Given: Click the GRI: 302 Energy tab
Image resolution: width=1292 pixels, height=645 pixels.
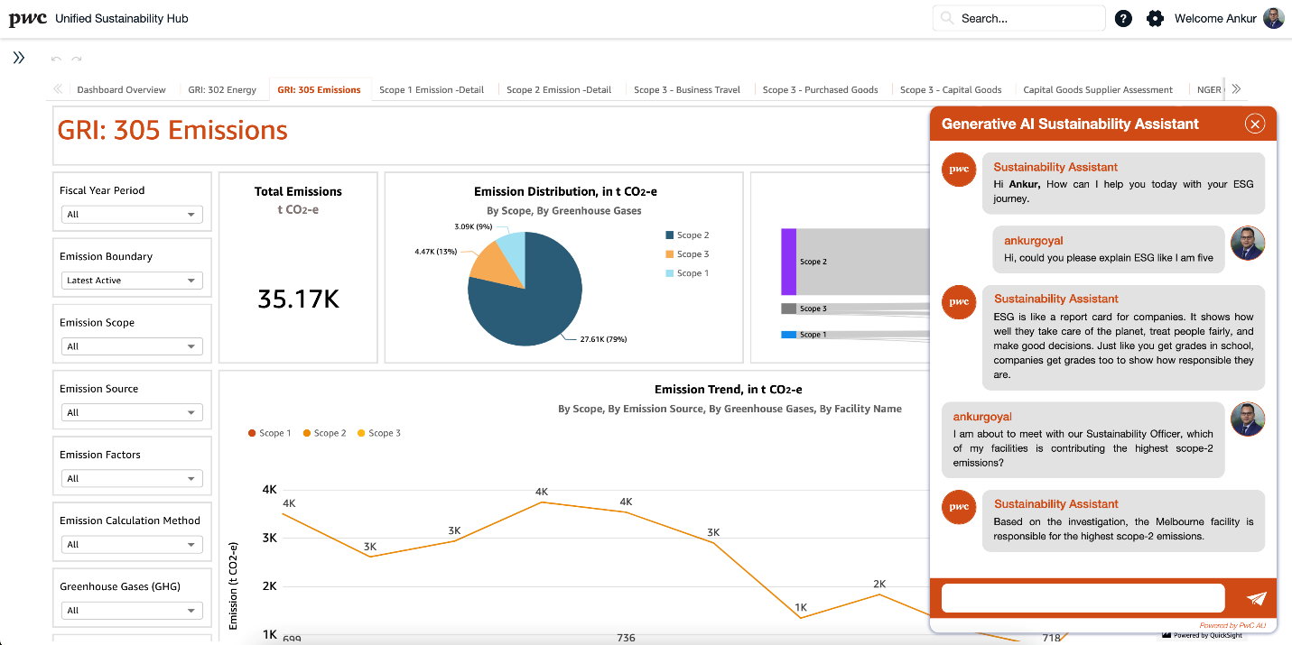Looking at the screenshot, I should click(222, 90).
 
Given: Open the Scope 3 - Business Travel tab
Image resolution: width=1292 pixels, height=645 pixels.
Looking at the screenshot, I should click(686, 90).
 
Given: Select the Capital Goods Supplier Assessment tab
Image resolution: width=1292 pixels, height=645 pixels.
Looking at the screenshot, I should click(1097, 90).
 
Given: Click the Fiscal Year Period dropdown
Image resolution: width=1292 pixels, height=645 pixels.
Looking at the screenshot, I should click(132, 215).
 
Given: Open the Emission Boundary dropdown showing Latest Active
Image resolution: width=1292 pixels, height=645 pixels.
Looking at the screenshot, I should click(132, 281).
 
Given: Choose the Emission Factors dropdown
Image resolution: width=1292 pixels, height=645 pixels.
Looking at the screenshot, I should click(132, 479).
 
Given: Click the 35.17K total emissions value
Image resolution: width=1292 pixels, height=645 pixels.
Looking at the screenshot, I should click(298, 299).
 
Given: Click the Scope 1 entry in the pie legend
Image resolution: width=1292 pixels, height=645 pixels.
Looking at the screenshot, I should click(692, 273).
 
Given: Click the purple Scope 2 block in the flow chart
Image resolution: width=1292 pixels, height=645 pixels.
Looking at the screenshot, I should click(788, 262).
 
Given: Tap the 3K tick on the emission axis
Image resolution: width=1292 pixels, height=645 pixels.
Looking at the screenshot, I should click(269, 538).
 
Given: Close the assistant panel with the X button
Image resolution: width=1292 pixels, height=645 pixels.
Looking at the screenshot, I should click(1254, 124).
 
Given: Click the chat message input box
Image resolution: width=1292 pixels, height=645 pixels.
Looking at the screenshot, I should click(1083, 597).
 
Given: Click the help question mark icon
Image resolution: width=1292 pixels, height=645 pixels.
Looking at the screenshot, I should click(1123, 18).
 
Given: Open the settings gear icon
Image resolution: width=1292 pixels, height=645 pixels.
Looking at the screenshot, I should click(1155, 18).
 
